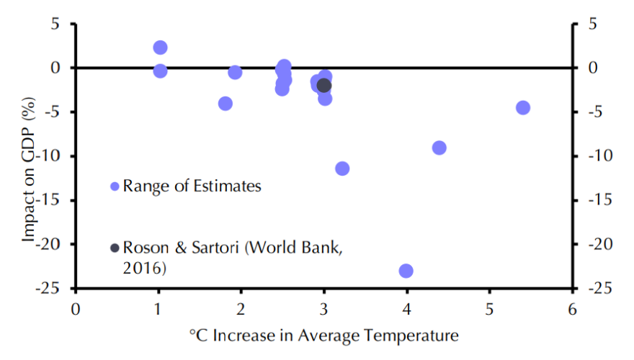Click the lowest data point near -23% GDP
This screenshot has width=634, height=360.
point(406,271)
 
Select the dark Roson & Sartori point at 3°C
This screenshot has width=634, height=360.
point(324,86)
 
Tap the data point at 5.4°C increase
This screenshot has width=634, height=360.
point(523,108)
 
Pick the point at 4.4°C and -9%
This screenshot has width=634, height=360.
point(439,148)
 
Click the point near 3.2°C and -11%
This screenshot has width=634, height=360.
point(342,168)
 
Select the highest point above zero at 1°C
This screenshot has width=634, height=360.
point(161,48)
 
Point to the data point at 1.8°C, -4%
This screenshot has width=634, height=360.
point(226,104)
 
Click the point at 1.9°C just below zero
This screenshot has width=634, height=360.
point(235,72)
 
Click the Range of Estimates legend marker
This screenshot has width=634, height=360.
point(115,186)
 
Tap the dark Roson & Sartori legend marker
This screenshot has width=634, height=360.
point(115,248)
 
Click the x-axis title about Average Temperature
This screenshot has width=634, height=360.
point(323,336)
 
